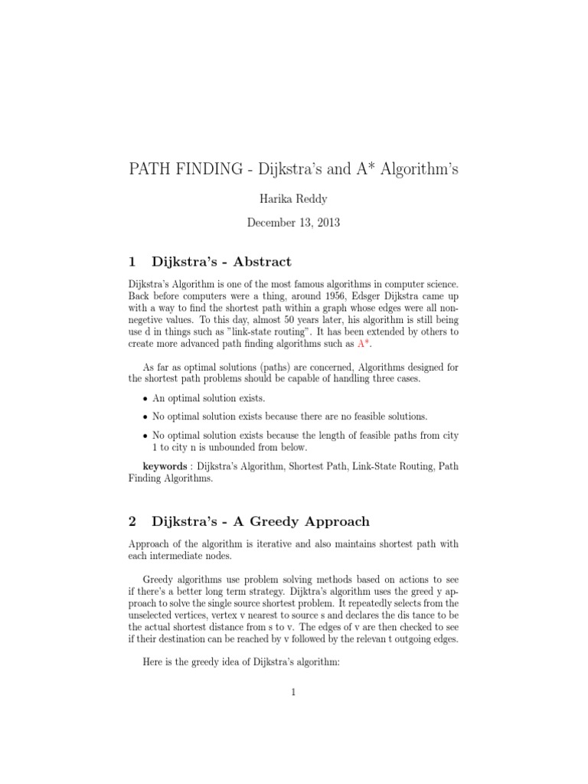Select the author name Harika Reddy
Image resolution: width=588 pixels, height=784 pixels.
click(x=293, y=198)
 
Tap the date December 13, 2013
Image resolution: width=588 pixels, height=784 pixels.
click(x=293, y=223)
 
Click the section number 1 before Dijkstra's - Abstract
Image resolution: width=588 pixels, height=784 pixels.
click(x=132, y=261)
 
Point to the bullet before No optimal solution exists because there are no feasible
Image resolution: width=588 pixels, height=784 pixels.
click(x=145, y=417)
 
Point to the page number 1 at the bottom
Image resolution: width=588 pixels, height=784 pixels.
click(x=293, y=692)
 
